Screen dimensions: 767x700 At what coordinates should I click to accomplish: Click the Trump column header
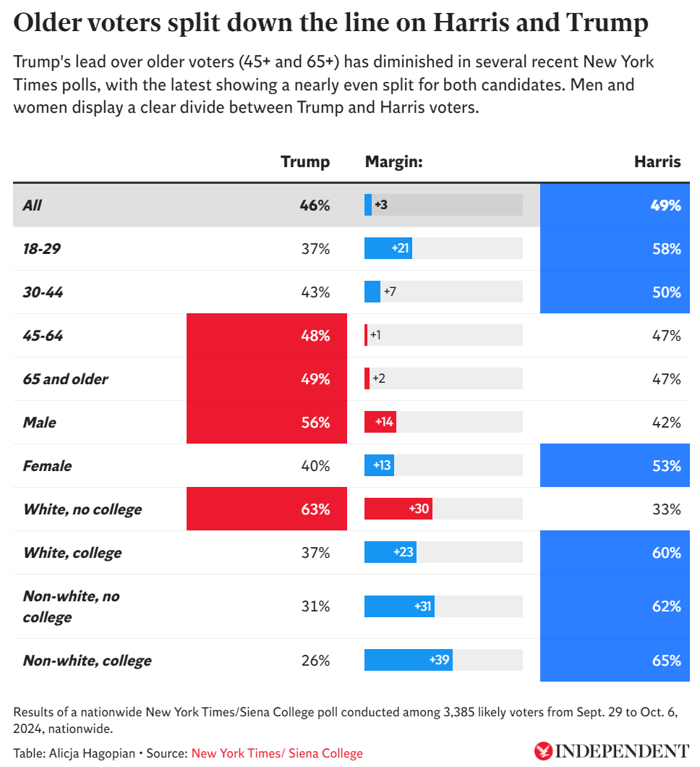(x=304, y=162)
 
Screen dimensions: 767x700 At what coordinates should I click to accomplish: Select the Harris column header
(x=657, y=162)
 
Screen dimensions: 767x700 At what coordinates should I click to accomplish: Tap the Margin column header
(x=393, y=162)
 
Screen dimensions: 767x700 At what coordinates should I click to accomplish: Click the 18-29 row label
(x=42, y=249)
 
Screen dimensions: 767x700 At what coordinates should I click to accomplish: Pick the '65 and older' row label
(x=65, y=379)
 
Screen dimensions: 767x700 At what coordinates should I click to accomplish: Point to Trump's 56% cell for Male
(x=267, y=423)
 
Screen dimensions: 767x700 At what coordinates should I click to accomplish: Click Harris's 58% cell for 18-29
(x=615, y=249)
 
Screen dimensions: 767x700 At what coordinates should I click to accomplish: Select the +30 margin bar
(x=398, y=509)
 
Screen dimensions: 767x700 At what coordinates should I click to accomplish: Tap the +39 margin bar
(x=409, y=661)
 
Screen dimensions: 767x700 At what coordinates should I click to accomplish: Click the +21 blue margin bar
(x=388, y=249)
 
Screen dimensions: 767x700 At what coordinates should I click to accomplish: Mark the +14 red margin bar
(x=380, y=423)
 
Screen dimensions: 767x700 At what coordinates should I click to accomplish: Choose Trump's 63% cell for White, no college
(x=267, y=509)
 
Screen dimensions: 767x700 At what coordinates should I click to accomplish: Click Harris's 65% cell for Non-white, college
(x=615, y=661)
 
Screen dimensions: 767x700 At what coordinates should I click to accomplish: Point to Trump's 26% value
(x=315, y=661)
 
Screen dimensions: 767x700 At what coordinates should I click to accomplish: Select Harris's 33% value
(x=666, y=509)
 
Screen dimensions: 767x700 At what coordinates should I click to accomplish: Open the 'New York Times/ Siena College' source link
(x=277, y=753)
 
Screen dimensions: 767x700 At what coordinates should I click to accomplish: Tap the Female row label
(x=47, y=466)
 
